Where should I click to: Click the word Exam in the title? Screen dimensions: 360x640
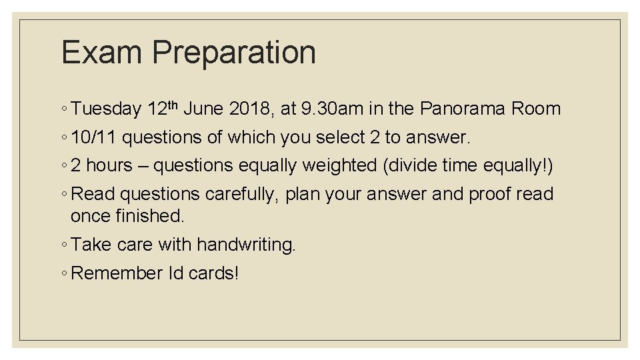100,53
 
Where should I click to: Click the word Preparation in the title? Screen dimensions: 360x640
234,53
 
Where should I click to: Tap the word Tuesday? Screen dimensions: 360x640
106,109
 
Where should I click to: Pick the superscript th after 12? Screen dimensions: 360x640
173,104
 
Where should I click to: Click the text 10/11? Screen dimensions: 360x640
93,137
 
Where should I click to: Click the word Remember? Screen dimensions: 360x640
117,273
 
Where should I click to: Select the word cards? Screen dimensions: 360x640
213,273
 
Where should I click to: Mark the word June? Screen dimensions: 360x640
203,109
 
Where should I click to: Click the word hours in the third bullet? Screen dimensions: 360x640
109,165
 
